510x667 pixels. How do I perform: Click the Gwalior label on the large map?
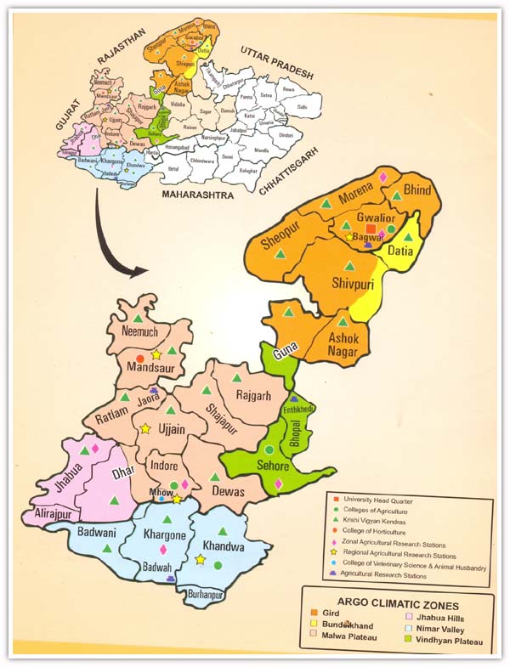[377, 218]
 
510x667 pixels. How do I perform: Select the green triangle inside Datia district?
[407, 240]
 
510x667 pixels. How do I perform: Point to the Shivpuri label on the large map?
[352, 285]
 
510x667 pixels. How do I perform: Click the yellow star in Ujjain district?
[145, 430]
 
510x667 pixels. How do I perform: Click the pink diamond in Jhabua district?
[94, 448]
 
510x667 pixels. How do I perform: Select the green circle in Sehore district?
[269, 449]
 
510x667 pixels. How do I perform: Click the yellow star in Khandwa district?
[200, 559]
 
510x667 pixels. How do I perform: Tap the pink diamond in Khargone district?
[163, 550]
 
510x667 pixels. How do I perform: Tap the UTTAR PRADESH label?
[276, 63]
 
